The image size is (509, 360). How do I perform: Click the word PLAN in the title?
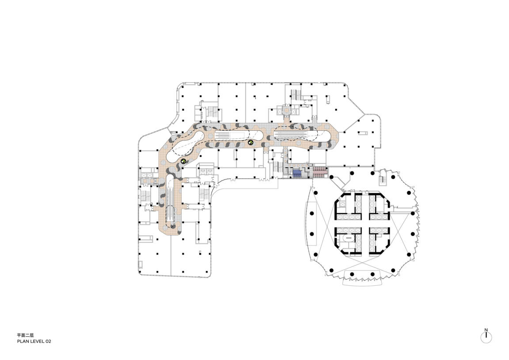tap(23, 341)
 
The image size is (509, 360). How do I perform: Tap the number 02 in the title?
tap(48, 341)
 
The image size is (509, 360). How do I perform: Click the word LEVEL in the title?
tap(36, 341)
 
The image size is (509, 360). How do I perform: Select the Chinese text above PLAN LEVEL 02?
tap(25, 335)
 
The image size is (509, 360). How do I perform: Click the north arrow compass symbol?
tap(486, 337)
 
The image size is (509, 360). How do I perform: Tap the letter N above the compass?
tap(486, 330)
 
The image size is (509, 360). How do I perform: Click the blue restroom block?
tap(297, 173)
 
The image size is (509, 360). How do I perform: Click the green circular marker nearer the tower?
tap(250, 142)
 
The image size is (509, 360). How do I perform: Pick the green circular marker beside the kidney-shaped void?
tap(183, 161)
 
